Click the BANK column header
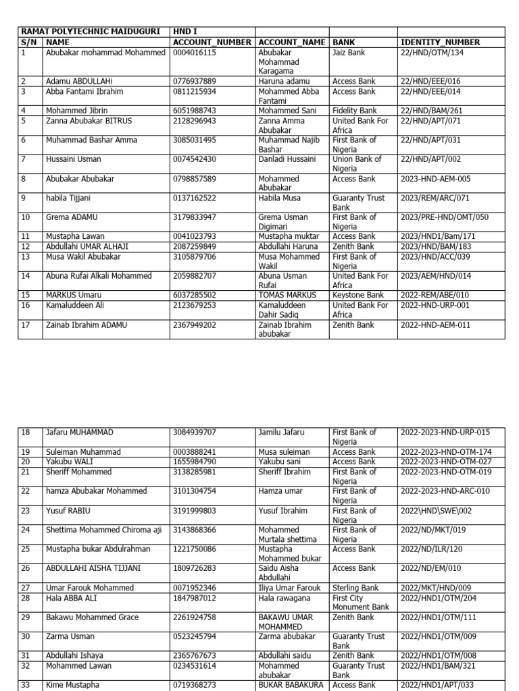click(x=344, y=42)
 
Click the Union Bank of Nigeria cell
click(x=357, y=164)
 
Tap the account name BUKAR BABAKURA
click(x=291, y=685)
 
